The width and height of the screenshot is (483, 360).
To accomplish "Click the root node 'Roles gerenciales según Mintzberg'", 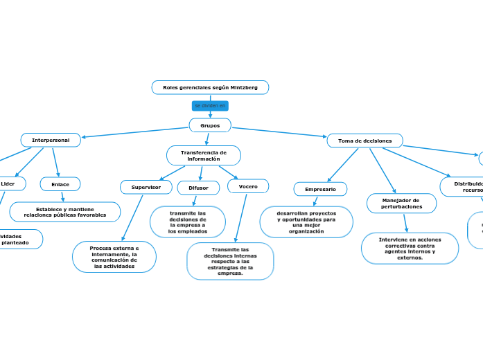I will coord(210,87).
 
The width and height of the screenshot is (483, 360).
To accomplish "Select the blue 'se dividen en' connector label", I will coord(210,106).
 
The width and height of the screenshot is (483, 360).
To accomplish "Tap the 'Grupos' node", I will coord(210,125).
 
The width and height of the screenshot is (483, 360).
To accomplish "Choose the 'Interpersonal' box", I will coord(51,140).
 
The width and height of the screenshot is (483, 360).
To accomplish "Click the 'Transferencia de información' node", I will coord(204,155).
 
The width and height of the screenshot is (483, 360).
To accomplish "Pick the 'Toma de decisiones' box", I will coord(365,141).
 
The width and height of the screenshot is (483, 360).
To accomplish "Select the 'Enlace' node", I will coord(60,184).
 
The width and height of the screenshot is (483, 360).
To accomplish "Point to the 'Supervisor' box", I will coord(146,187).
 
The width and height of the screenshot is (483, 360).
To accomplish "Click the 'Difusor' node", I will coord(198,188).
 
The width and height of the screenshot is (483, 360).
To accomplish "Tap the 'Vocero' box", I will coord(248,186).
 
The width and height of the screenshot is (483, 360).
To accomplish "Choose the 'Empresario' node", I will coord(320,189).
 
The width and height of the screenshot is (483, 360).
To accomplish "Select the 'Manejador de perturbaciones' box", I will coord(401,204).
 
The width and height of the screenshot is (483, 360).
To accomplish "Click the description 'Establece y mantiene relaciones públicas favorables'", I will coord(65,212).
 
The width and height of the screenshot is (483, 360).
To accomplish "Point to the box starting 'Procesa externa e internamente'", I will coord(114,257).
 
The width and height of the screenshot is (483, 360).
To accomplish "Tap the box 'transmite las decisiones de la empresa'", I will coord(187,222).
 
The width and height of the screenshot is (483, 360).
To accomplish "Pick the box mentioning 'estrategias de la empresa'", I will coord(230,261).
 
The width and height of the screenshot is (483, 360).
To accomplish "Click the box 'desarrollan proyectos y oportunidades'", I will coord(306,222).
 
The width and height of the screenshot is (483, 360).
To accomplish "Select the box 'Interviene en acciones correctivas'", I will coord(410,248).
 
